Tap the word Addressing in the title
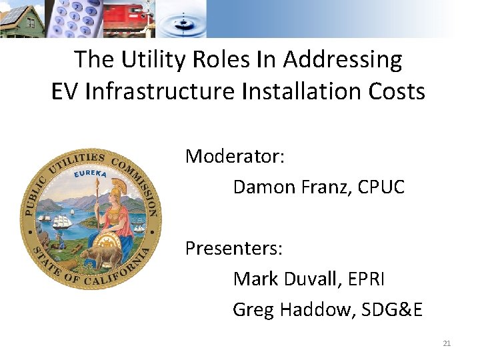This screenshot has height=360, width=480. pyautogui.click(x=342, y=60)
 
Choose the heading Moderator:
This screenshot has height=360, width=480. pyautogui.click(x=235, y=156)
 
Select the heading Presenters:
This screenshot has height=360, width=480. pyautogui.click(x=234, y=249)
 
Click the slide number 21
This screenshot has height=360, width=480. pyautogui.click(x=447, y=343)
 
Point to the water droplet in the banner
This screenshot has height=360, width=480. pyautogui.click(x=183, y=15)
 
